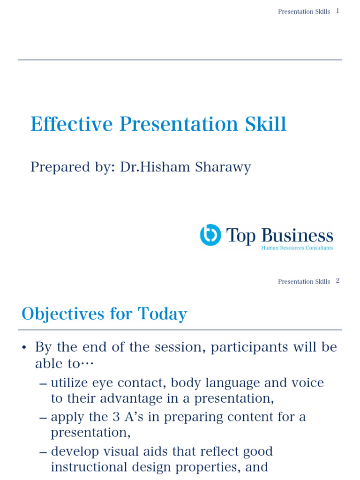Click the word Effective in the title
coord(71,124)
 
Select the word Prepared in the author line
coord(53,167)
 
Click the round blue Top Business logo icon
coord(210,235)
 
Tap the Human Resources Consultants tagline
coord(297,248)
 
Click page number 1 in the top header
coord(337,11)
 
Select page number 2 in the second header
coord(337,281)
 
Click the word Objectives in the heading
coord(63,314)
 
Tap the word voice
coord(307,382)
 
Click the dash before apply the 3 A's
coord(43,417)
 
